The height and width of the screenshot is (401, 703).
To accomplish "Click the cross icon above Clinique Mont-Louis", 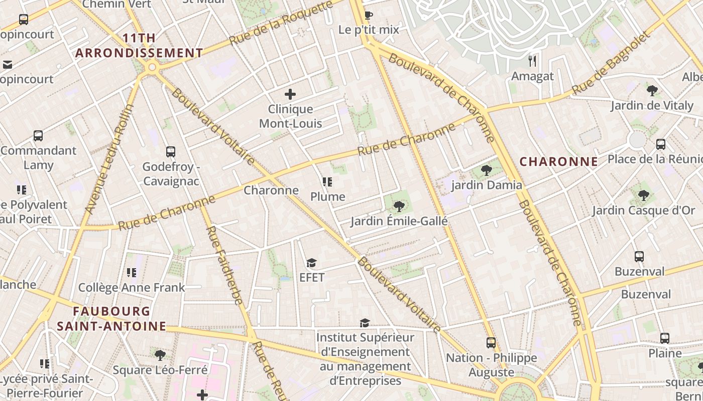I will [x=290, y=94].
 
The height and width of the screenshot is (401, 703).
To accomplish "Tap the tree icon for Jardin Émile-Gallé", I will [x=399, y=206].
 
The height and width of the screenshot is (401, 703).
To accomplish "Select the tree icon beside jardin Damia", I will [x=486, y=170].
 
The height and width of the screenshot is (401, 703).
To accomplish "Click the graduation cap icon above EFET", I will [x=311, y=263].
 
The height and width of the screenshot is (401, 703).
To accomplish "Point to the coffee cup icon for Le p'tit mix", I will [x=368, y=15].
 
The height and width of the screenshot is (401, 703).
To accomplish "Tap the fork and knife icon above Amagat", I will [x=532, y=61].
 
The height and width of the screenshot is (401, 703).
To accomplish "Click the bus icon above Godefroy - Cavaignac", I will [x=171, y=152].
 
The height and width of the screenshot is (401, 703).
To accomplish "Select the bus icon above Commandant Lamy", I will [x=38, y=136].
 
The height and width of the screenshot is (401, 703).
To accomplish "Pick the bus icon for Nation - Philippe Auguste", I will [x=491, y=343].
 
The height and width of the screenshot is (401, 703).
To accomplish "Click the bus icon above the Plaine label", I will [x=665, y=338].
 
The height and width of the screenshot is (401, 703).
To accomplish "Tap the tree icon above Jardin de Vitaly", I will [x=652, y=91].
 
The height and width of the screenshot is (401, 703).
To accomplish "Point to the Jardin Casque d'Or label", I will [x=643, y=211].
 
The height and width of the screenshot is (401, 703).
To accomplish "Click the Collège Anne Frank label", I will [x=132, y=288].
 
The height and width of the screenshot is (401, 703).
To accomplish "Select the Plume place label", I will [x=328, y=196].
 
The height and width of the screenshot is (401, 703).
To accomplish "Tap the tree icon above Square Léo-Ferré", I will [x=160, y=355].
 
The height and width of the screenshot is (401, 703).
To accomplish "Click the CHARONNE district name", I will [x=558, y=162].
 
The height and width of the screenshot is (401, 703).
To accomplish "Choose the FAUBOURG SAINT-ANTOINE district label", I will [x=111, y=319].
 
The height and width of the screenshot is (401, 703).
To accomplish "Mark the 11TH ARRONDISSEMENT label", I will [x=139, y=46].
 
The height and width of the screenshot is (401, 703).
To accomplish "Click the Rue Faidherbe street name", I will [x=224, y=265].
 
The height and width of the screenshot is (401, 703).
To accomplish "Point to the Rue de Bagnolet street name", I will [x=611, y=64].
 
